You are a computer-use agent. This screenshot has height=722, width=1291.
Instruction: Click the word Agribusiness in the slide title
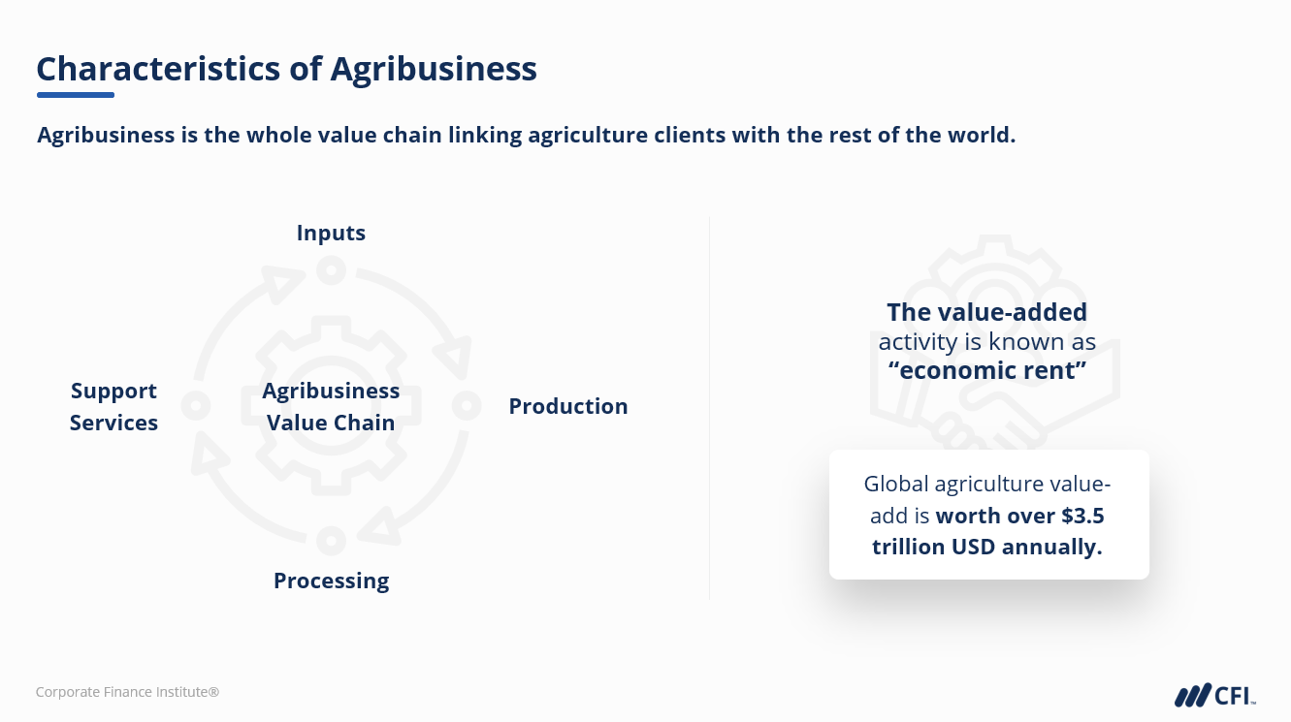pos(434,70)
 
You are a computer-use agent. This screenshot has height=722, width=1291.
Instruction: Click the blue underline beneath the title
pos(76,95)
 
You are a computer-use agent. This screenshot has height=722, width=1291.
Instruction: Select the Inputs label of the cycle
pos(331,234)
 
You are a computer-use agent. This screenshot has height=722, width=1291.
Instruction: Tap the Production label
pos(568,406)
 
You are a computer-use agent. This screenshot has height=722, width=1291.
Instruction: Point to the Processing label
pos(332,581)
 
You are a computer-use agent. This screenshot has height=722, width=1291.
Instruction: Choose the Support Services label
pos(113,406)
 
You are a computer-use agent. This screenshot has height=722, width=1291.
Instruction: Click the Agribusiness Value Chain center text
pos(331,406)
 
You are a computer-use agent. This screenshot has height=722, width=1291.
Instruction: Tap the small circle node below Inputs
pos(332,270)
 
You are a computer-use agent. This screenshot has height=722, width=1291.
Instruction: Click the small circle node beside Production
pos(467,406)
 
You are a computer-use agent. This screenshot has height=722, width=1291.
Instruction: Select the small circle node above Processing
pos(332,541)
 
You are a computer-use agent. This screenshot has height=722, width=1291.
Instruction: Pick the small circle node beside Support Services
pos(196,406)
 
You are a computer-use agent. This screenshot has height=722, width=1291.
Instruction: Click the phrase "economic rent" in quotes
pos(987,370)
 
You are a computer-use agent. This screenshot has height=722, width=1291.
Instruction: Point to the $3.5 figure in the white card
pos(1082,516)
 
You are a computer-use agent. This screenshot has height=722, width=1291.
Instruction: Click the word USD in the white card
pos(974,547)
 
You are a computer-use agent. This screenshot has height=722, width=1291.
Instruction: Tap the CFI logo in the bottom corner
pos(1215,696)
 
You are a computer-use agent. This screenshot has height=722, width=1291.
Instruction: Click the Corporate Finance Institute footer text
pos(127,692)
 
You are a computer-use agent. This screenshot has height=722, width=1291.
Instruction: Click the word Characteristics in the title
pos(158,69)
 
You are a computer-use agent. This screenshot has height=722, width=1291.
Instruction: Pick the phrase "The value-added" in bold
pos(987,313)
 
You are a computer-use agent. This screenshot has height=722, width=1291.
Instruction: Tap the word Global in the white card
pos(896,485)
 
